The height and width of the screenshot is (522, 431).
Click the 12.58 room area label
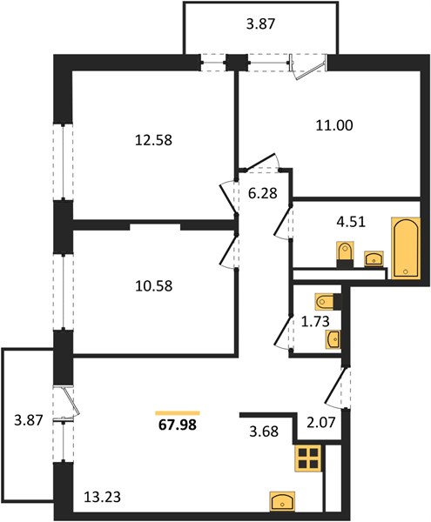click(153, 140)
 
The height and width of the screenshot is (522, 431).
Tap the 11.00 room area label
click(334, 125)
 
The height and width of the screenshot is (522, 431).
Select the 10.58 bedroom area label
click(153, 286)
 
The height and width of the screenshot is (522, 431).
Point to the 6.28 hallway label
click(263, 193)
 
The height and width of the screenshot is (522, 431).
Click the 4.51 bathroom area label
click(351, 222)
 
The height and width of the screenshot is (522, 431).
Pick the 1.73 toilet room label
click(315, 322)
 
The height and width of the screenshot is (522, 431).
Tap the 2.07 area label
click(320, 422)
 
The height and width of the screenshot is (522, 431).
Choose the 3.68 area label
click(264, 432)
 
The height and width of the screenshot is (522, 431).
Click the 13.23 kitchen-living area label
click(102, 497)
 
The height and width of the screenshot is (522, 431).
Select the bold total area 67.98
click(178, 425)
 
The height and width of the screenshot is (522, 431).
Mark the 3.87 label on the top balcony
click(261, 24)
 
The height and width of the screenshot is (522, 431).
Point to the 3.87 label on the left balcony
click(29, 420)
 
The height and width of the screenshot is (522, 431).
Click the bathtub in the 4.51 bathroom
click(406, 248)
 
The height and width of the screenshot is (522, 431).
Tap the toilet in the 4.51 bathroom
click(345, 254)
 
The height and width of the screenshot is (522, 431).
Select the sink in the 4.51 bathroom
click(374, 258)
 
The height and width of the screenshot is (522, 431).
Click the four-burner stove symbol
click(308, 458)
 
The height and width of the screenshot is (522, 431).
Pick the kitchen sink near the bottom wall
click(282, 500)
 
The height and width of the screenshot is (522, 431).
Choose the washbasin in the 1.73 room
click(333, 339)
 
